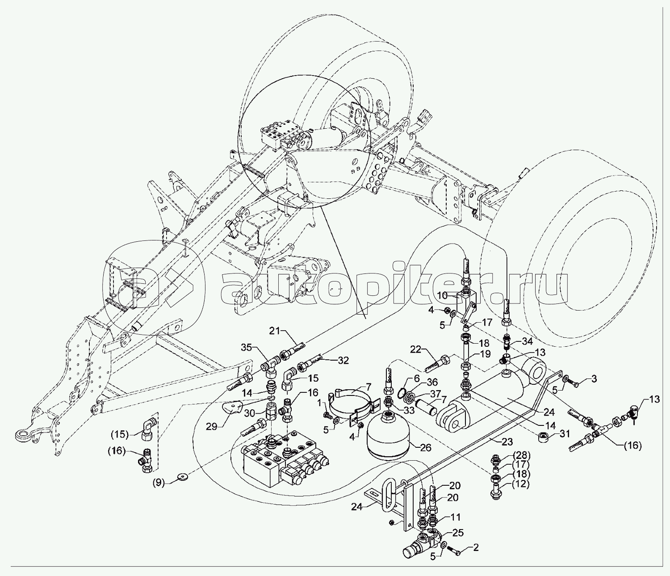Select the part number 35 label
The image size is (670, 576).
coord(247,347)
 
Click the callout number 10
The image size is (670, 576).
coord(442,295)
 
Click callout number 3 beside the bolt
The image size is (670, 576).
coord(594,380)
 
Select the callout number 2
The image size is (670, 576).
coord(476,547)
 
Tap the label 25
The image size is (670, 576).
coord(458,533)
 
